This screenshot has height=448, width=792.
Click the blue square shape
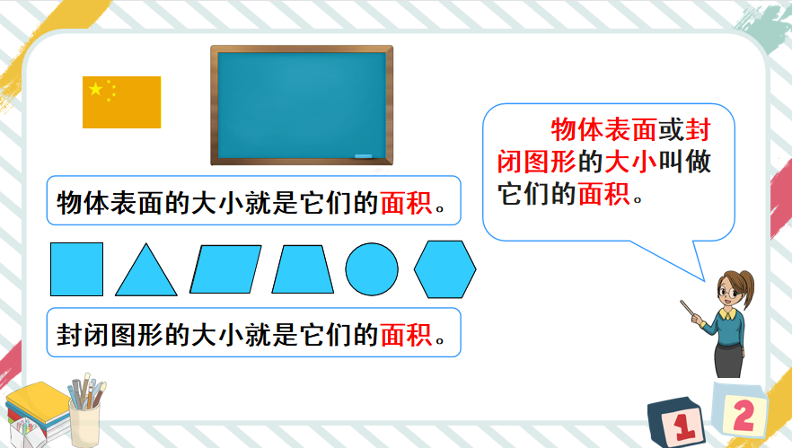(x=77, y=269)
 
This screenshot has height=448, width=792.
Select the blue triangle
(x=146, y=273)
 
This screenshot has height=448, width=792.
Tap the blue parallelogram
(x=225, y=269)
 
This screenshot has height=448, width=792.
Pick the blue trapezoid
(x=303, y=269)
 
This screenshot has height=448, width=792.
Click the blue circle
(x=372, y=269)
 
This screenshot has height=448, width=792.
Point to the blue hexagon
(x=445, y=269)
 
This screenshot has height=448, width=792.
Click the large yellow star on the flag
(x=95, y=89)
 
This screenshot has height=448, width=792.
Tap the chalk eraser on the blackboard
(x=363, y=156)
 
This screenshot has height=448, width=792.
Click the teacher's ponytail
(x=747, y=289)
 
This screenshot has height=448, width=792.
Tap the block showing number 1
(x=676, y=422)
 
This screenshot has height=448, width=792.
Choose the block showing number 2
(x=740, y=410)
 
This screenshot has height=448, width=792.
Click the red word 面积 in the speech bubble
(x=604, y=194)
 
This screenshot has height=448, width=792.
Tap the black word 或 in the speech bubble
(x=672, y=130)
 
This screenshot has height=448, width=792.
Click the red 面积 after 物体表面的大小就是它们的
(x=406, y=203)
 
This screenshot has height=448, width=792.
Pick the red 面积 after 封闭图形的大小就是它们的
(x=406, y=334)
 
